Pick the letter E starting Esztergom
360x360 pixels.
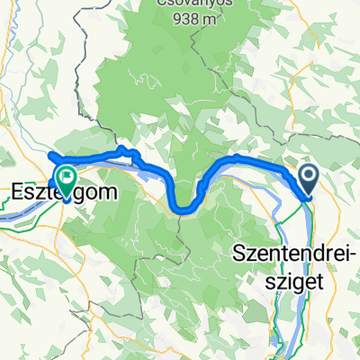click(x=18, y=191)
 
